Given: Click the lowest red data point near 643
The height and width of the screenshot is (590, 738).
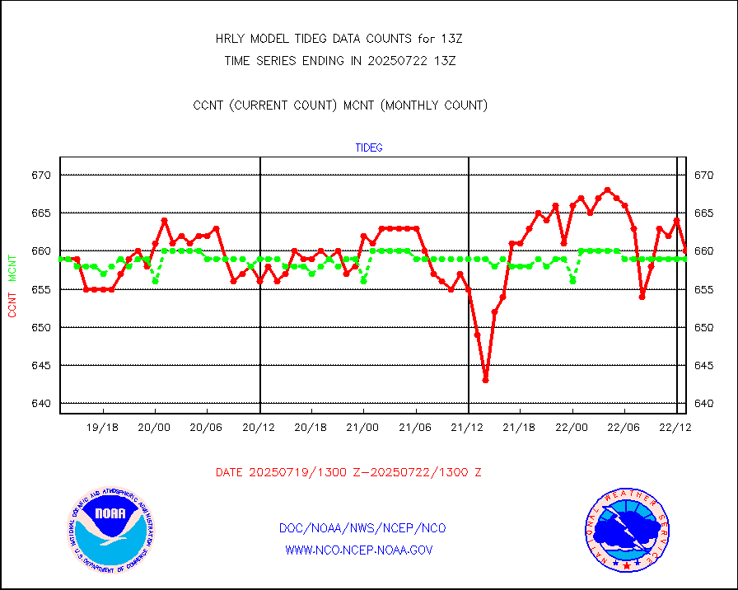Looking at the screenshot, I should (486, 380).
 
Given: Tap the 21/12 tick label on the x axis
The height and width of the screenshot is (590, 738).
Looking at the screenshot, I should (468, 428).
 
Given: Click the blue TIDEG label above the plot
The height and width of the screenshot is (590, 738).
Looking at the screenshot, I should (368, 148).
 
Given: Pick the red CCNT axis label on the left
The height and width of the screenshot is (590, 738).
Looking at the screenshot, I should (12, 303).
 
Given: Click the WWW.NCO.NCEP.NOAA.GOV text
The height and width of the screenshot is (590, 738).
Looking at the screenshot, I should (358, 550).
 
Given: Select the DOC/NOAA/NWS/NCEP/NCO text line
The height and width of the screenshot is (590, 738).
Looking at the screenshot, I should (362, 528).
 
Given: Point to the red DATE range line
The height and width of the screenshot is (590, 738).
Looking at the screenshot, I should (348, 472).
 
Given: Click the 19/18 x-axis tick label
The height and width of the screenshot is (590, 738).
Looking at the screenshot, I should (103, 428).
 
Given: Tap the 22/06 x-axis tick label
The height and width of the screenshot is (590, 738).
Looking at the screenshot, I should (624, 428).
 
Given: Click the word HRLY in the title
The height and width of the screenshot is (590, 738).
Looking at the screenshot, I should (230, 39).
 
